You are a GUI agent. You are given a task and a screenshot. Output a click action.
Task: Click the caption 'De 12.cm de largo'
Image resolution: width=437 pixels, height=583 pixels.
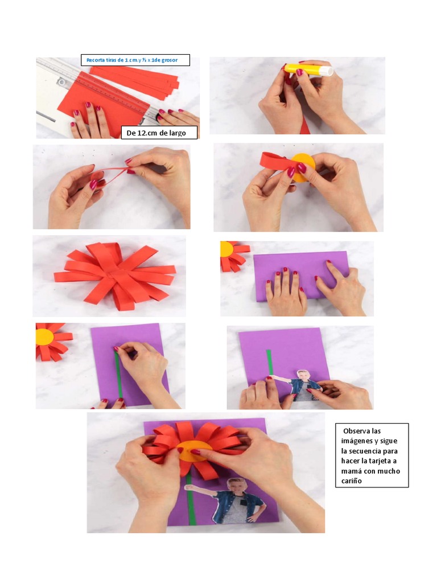tap(160, 133)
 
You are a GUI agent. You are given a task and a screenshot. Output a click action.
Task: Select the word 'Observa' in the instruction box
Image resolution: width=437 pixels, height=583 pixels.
tap(355, 431)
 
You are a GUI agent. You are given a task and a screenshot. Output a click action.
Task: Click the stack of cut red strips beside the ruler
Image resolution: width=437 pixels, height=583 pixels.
tap(135, 79)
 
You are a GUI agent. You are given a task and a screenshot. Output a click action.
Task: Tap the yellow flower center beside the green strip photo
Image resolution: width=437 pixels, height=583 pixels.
tap(44, 336)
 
